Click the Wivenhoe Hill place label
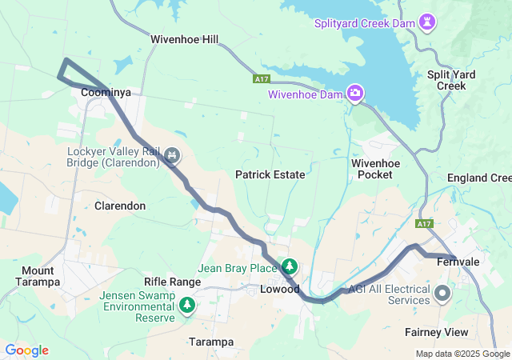pyautogui.click(x=184, y=38)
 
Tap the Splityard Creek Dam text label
pyautogui.click(x=366, y=23)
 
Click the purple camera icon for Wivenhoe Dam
pyautogui.click(x=355, y=94)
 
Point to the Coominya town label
pyautogui.click(x=106, y=94)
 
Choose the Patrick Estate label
pyautogui.click(x=270, y=174)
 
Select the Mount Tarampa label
pyautogui.click(x=38, y=276)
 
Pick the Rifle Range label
pyautogui.click(x=172, y=282)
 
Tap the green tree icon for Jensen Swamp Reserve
pyautogui.click(x=187, y=305)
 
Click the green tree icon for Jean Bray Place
pyautogui.click(x=289, y=266)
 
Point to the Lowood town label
pyautogui.click(x=280, y=289)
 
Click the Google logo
pyautogui.click(x=26, y=350)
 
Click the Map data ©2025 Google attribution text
pyautogui.click(x=462, y=354)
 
